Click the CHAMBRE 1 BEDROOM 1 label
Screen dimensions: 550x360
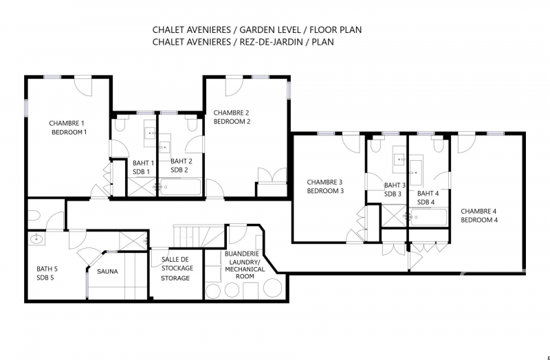tap(68, 128)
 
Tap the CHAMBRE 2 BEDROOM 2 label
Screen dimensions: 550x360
tap(232, 117)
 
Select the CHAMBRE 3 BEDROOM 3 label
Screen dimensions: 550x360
tap(324, 186)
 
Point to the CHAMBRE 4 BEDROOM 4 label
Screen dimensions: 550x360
tap(478, 216)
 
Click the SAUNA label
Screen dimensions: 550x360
tap(107, 271)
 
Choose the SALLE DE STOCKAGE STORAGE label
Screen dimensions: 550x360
tap(177, 269)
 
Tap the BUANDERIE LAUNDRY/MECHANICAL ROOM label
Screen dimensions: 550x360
tap(245, 265)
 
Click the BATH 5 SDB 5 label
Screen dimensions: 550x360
tap(47, 273)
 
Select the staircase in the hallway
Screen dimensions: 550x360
tap(199, 236)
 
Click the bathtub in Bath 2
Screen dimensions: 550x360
tap(181, 187)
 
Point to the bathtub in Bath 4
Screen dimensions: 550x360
tap(428, 217)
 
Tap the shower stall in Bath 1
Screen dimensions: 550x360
tap(142, 187)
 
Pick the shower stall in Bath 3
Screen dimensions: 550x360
tap(394, 216)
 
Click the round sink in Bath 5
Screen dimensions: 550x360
tap(36, 239)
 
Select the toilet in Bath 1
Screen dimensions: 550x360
tap(120, 125)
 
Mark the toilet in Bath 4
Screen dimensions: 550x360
tap(438, 146)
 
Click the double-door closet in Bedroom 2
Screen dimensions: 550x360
tap(272, 176)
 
